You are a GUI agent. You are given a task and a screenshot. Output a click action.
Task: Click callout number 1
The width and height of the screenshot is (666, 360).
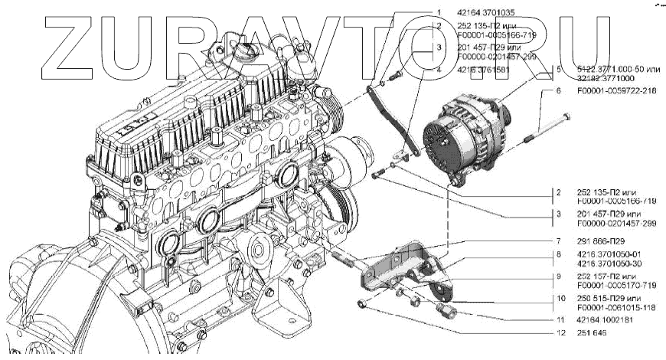(x=439, y=12)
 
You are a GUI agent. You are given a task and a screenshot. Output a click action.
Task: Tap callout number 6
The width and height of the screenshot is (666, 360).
(x=560, y=90)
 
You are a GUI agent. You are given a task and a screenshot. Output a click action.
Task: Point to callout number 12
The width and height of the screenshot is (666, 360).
(x=560, y=333)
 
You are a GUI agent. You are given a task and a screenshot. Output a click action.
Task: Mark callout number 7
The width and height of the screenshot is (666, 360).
(x=560, y=241)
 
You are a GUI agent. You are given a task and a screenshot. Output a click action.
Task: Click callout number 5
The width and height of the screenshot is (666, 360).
(x=560, y=69)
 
